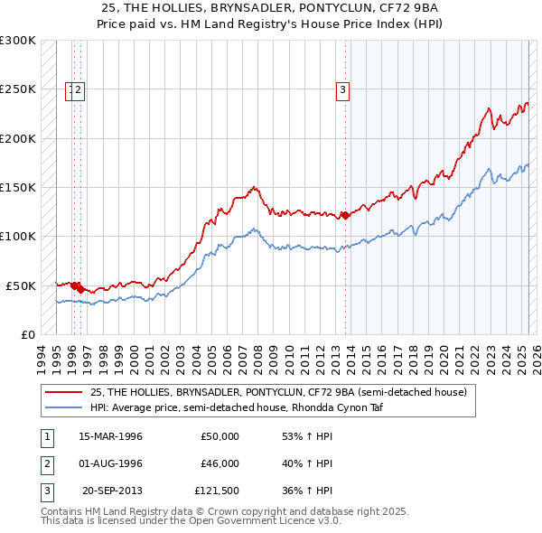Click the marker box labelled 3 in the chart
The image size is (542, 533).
(x=343, y=89)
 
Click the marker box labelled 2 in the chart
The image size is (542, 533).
(x=79, y=89)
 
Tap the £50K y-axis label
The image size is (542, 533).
(x=21, y=285)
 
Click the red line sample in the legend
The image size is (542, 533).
(x=65, y=392)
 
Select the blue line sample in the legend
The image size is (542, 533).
(x=65, y=407)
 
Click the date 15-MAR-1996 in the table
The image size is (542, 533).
(x=110, y=436)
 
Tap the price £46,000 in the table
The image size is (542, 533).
(x=220, y=463)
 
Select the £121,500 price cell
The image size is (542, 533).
(x=217, y=491)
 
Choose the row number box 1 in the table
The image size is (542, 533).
(x=46, y=436)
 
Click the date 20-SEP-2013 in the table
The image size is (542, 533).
(x=112, y=491)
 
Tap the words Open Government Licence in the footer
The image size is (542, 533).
(x=256, y=520)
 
